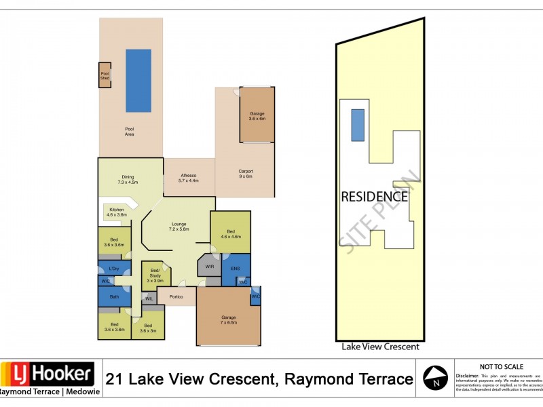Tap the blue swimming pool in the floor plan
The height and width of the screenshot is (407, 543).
[138, 80]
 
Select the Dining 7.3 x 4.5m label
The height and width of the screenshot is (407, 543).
[128, 179]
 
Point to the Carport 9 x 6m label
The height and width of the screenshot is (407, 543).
[245, 173]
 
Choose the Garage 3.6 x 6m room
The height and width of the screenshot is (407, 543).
[257, 115]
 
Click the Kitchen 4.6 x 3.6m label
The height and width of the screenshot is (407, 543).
[117, 212]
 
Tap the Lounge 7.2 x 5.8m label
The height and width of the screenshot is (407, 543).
[179, 227]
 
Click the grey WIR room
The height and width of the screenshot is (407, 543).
[210, 267]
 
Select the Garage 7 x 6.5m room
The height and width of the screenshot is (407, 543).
[228, 319]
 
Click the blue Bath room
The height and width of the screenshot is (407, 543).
[114, 296]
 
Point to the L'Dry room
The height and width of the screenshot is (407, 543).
[114, 270]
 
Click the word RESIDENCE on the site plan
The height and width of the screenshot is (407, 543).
[374, 197]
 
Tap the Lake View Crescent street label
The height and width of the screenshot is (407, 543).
[380, 347]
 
